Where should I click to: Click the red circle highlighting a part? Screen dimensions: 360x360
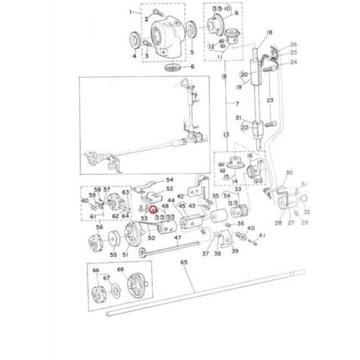pos(153,209)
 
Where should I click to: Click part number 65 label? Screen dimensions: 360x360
pos(184,264)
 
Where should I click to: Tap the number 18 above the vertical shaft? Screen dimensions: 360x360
pos(269,33)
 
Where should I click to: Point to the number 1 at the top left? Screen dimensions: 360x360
pos(130,12)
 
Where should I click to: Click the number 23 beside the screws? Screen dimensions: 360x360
pos(269,100)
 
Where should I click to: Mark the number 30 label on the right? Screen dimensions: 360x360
pos(289,173)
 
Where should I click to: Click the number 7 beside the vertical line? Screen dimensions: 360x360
pos(237,104)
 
